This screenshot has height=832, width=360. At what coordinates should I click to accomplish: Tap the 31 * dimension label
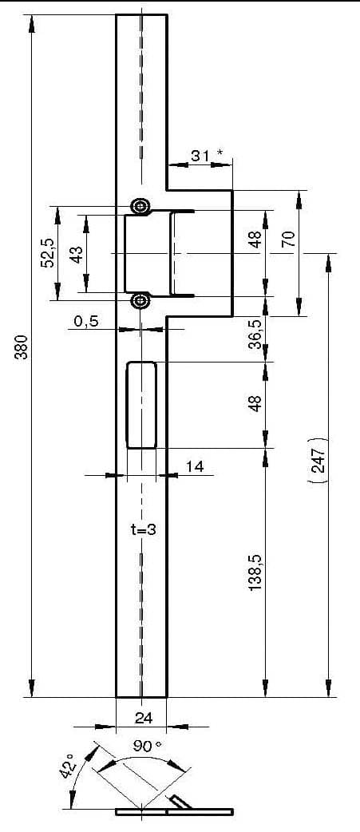207,156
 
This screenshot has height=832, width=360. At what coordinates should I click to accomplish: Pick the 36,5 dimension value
256,335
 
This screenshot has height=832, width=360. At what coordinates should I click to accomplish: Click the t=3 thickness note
143,529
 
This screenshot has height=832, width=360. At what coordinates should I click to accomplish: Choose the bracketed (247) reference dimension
317,460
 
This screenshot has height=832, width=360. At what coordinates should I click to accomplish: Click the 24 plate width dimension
144,718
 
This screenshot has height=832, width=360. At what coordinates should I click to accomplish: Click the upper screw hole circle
140,206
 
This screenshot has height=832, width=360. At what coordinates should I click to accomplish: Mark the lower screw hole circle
140,301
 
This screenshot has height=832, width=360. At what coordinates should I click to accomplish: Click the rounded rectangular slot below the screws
141,405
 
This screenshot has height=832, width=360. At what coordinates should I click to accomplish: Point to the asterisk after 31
220,153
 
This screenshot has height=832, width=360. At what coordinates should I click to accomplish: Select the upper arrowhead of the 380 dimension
32,23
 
